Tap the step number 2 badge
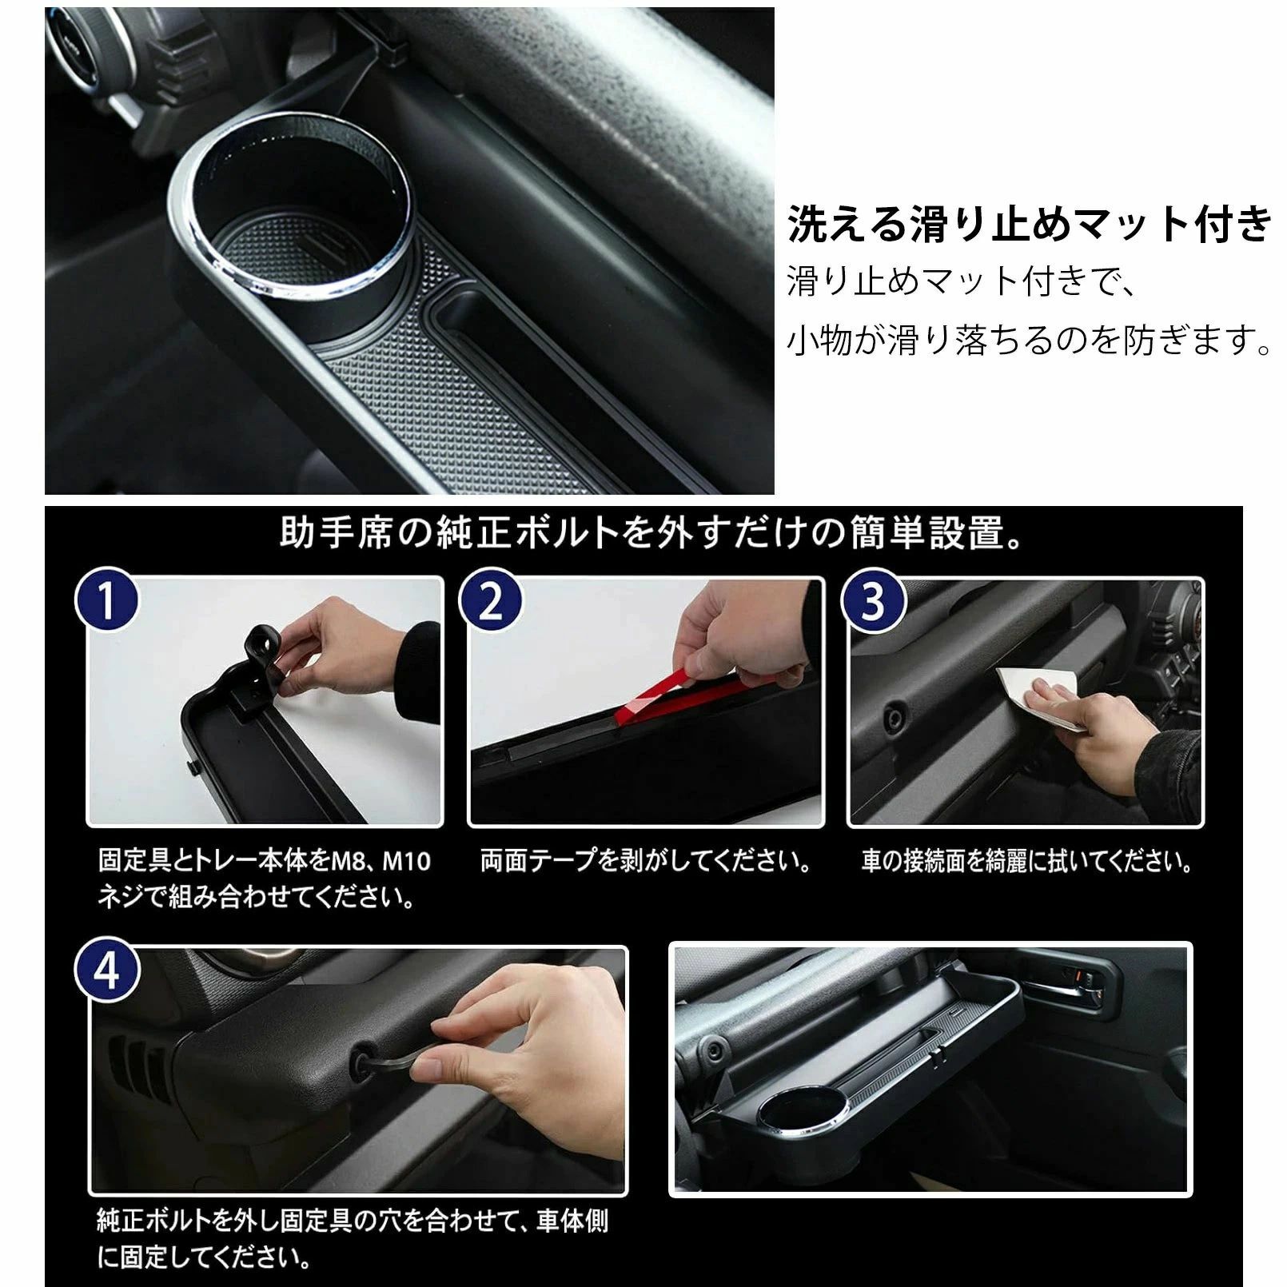click(490, 600)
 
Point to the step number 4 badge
click(106, 970)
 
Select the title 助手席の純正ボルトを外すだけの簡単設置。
click(651, 533)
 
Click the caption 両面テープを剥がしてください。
click(646, 861)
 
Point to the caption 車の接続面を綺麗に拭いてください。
click(1027, 861)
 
